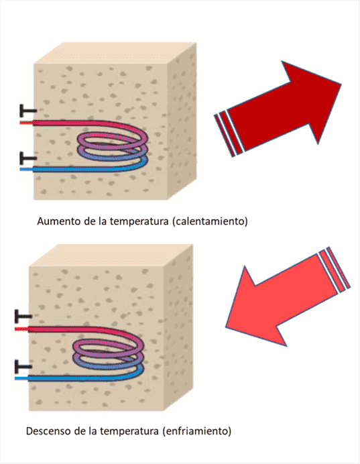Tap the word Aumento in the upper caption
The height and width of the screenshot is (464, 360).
pyautogui.click(x=58, y=221)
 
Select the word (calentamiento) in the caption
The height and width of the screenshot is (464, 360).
pyautogui.click(x=210, y=221)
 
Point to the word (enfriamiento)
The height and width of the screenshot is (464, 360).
pyautogui.click(x=196, y=431)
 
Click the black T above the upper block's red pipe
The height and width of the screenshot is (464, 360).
pyautogui.click(x=27, y=111)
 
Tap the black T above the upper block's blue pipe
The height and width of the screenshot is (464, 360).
pyautogui.click(x=27, y=158)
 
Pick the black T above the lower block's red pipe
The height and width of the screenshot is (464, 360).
pyautogui.click(x=23, y=316)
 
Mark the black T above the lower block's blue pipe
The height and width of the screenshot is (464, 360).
pyautogui.click(x=23, y=367)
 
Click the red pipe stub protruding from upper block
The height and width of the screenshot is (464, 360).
pyautogui.click(x=26, y=122)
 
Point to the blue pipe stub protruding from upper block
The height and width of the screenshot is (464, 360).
pyautogui.click(x=26, y=170)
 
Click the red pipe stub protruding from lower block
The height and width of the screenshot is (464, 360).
pyautogui.click(x=21, y=329)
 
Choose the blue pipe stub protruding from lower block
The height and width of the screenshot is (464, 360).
pyautogui.click(x=21, y=378)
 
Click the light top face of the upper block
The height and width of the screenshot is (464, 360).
pyautogui.click(x=115, y=53)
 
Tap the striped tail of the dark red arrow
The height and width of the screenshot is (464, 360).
pyautogui.click(x=229, y=133)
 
